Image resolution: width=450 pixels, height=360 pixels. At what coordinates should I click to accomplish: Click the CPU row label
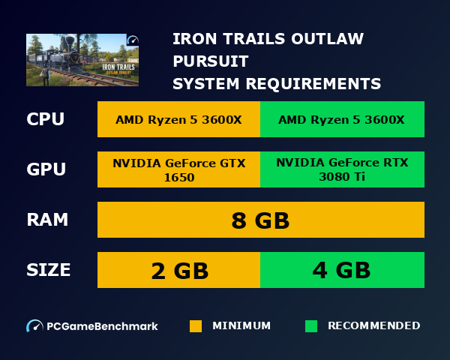point(45,120)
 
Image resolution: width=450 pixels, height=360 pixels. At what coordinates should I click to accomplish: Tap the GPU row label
point(46,169)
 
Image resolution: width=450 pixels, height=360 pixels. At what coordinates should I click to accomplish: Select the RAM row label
point(47,220)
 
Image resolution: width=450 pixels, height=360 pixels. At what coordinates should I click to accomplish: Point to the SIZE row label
point(49,270)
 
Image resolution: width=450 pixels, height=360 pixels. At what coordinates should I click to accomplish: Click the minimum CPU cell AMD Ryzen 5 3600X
point(178,120)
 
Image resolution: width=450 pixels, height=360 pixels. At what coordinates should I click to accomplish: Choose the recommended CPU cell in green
point(341,120)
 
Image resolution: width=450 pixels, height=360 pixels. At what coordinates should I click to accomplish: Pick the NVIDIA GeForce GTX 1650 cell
point(178,169)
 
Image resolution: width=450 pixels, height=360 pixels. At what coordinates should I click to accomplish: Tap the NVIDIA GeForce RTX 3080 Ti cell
point(341,169)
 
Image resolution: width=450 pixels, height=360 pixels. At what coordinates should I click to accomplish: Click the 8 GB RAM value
point(260,220)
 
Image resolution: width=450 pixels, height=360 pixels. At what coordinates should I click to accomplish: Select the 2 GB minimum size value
point(179,270)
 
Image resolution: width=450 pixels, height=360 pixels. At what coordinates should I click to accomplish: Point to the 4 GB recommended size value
point(341,270)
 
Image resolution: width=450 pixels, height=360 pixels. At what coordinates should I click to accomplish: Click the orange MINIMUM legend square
point(196,326)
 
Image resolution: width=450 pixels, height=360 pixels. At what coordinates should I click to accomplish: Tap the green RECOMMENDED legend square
point(311,326)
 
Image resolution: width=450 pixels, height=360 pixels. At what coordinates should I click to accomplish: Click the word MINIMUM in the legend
point(241,326)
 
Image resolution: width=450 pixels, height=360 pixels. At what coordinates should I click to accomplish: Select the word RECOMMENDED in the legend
point(373,326)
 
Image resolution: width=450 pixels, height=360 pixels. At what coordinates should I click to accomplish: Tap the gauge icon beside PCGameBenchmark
point(34,326)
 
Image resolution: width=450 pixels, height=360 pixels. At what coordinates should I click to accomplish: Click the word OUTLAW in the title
point(328,38)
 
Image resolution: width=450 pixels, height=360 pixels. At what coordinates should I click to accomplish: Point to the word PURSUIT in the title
point(210,61)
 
